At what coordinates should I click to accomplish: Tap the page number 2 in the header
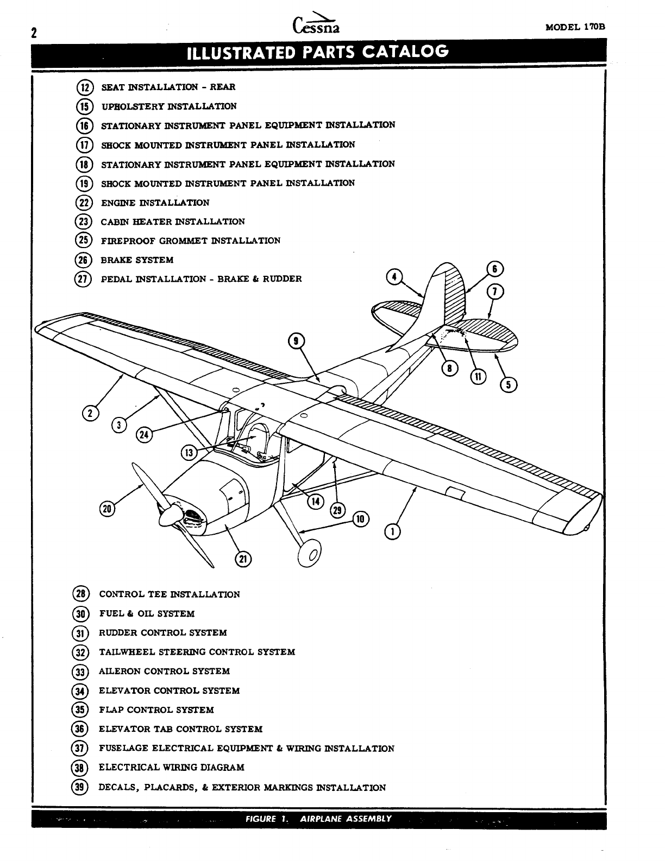click(x=34, y=33)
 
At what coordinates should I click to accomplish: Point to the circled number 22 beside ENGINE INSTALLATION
click(x=84, y=202)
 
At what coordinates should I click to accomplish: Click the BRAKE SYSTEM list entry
click(x=137, y=260)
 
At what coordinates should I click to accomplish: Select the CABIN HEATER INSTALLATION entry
click(x=173, y=221)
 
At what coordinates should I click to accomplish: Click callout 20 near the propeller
click(x=108, y=508)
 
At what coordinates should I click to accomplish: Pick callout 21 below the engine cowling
click(x=243, y=559)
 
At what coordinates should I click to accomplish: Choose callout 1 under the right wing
click(x=392, y=531)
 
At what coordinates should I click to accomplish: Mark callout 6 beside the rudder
click(x=495, y=269)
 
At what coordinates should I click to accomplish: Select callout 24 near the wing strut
click(x=145, y=434)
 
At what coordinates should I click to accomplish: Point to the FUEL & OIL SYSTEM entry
click(x=147, y=614)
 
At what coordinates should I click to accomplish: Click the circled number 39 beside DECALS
click(x=80, y=787)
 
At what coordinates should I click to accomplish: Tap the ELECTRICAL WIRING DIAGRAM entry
click(x=171, y=768)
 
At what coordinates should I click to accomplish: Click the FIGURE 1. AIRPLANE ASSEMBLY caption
click(x=318, y=819)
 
